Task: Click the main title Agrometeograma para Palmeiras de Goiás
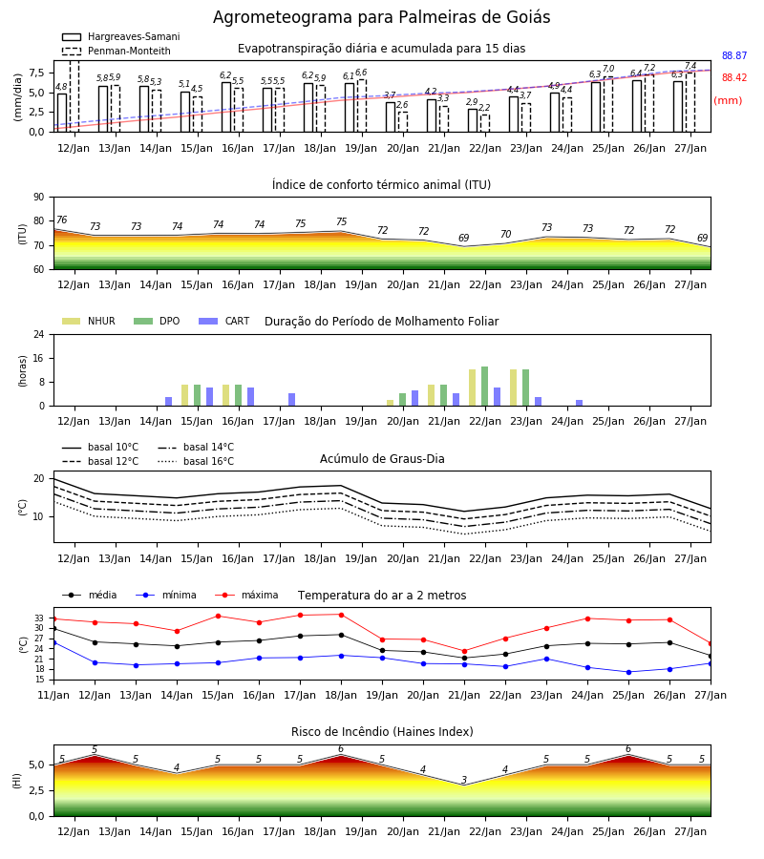click(381, 17)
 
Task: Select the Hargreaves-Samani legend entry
click(120, 36)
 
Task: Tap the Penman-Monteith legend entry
click(117, 51)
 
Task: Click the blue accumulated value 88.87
click(734, 56)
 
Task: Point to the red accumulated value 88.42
click(734, 78)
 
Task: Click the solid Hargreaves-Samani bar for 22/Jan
click(473, 120)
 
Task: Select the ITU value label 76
click(61, 220)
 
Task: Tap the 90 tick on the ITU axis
click(39, 198)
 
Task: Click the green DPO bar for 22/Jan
click(484, 387)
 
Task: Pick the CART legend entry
click(224, 321)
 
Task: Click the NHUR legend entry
click(89, 321)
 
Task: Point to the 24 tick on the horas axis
click(39, 334)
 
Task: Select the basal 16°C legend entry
click(196, 461)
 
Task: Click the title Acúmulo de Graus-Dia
click(382, 459)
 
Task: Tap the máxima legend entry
click(246, 595)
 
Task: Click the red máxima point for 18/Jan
click(342, 615)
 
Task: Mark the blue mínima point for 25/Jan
click(628, 672)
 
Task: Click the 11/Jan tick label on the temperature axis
click(53, 695)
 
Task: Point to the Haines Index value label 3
click(464, 780)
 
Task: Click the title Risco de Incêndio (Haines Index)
click(382, 732)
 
